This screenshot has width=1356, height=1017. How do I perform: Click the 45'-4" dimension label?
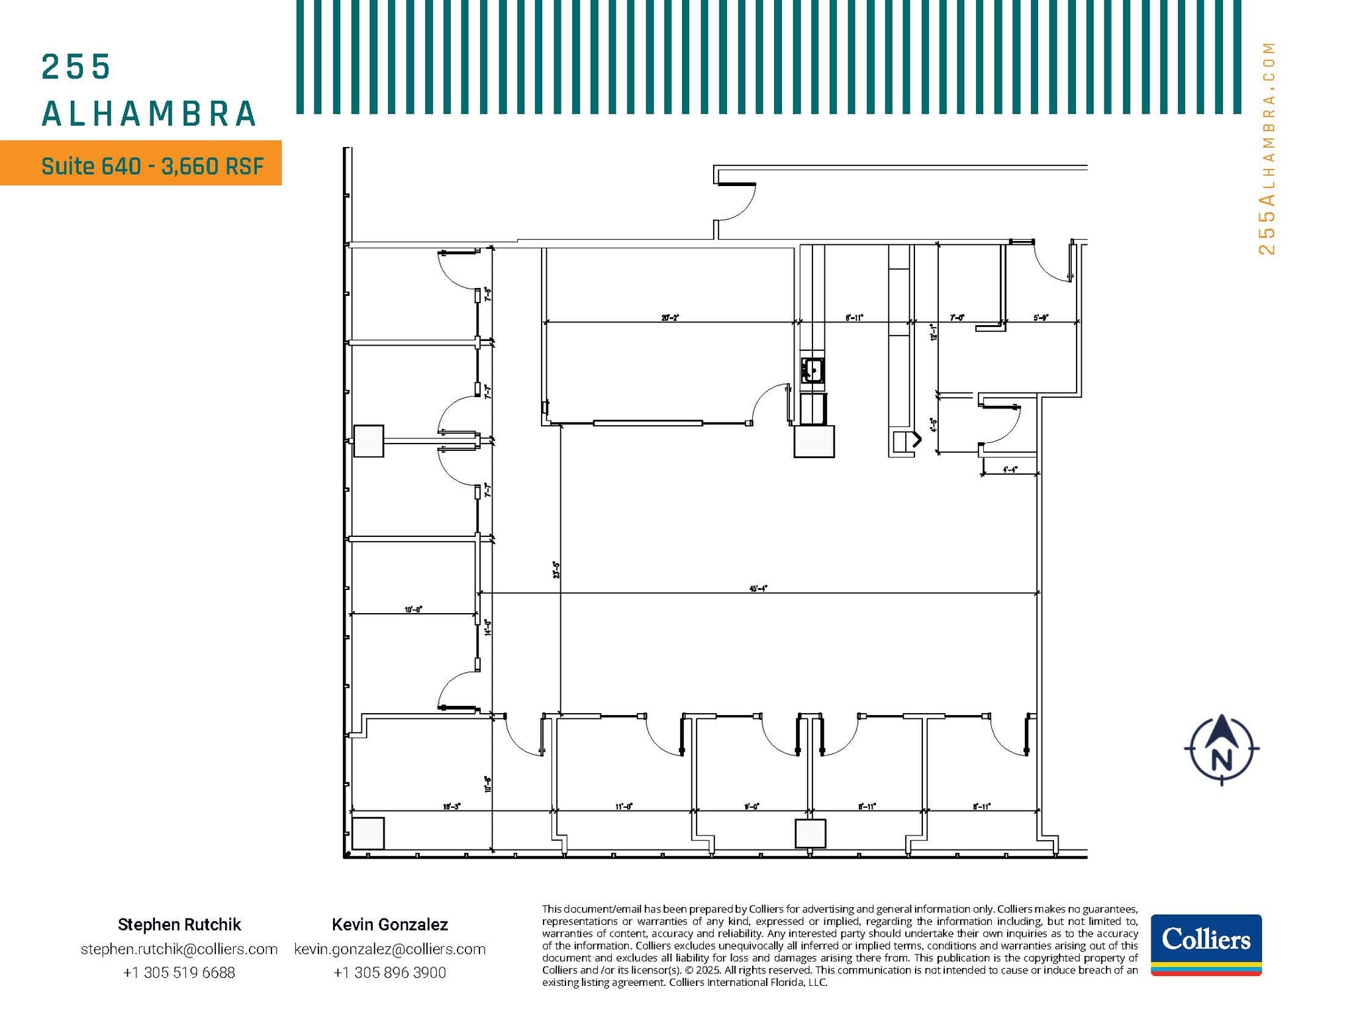pyautogui.click(x=758, y=588)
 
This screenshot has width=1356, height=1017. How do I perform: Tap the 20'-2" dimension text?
pyautogui.click(x=670, y=318)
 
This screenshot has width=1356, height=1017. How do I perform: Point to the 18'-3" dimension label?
pyautogui.click(x=452, y=806)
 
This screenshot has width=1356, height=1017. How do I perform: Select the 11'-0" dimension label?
pyautogui.click(x=624, y=806)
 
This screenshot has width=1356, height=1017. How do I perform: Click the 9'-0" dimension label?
pyautogui.click(x=751, y=806)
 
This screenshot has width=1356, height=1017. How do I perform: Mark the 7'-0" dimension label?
pyautogui.click(x=957, y=318)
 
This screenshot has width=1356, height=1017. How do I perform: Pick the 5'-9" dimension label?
pyautogui.click(x=1041, y=318)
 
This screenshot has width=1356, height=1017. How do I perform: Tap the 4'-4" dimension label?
pyautogui.click(x=1010, y=469)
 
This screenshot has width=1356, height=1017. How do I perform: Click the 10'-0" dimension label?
pyautogui.click(x=413, y=609)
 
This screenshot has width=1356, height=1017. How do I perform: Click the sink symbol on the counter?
pyautogui.click(x=812, y=370)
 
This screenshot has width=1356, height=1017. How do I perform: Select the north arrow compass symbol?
pyautogui.click(x=1222, y=750)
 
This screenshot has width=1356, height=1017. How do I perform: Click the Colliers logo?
pyautogui.click(x=1206, y=944)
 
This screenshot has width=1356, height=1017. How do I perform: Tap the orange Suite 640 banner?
pyautogui.click(x=141, y=163)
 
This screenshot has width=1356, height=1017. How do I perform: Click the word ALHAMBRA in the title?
pyautogui.click(x=149, y=114)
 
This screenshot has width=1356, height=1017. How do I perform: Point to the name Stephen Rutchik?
pyautogui.click(x=179, y=924)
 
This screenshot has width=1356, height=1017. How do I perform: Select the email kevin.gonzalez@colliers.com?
pyautogui.click(x=390, y=949)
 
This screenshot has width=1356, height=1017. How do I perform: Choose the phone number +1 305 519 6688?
pyautogui.click(x=179, y=973)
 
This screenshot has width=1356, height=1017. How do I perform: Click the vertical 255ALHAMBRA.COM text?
pyautogui.click(x=1266, y=148)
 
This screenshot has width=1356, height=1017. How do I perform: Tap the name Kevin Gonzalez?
pyautogui.click(x=390, y=924)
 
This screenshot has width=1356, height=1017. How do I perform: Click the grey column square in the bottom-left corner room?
pyautogui.click(x=368, y=834)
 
